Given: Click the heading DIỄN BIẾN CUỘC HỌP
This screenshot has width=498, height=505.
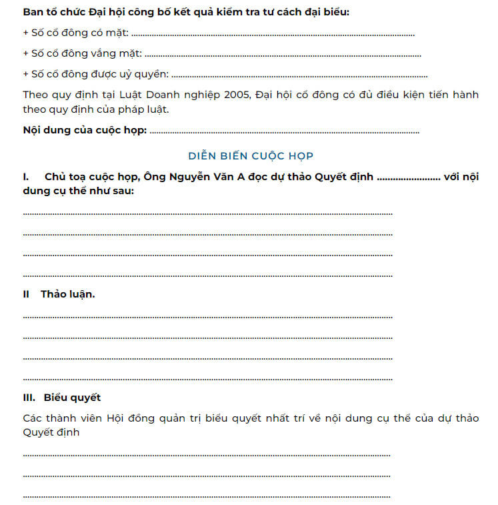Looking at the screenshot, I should click(x=251, y=155).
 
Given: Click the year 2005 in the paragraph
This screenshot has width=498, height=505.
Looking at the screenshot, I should click(x=235, y=95).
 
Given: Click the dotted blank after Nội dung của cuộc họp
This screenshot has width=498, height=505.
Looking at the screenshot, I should click(x=285, y=131).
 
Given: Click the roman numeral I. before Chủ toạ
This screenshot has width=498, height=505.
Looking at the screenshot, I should click(x=26, y=177).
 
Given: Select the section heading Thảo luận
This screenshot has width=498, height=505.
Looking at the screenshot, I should click(x=67, y=294).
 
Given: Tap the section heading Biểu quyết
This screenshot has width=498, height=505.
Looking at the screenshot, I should click(x=73, y=398).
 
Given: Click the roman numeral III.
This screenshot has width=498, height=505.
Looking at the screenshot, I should click(x=29, y=398).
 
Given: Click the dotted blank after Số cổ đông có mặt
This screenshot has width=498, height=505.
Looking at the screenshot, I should click(x=273, y=34).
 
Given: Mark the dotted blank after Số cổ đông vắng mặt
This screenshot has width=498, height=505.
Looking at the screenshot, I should click(x=283, y=55).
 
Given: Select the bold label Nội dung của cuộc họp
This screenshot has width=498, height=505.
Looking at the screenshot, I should click(x=85, y=130).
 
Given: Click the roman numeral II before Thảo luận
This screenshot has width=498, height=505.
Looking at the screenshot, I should click(x=27, y=294).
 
